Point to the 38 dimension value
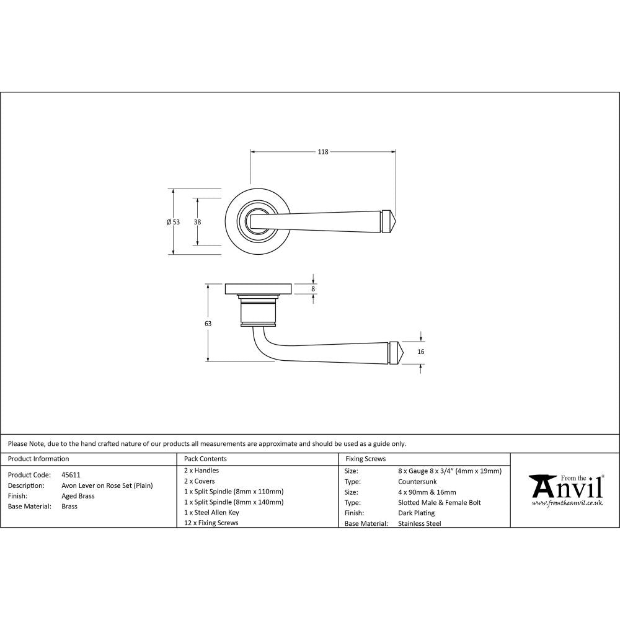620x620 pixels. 197,222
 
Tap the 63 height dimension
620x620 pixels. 208,324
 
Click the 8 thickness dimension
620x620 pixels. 313,289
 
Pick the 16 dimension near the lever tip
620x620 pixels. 421,352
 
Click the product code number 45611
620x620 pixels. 71,475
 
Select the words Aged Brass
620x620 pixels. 78,496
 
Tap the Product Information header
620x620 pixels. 38,459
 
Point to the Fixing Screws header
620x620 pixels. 365,459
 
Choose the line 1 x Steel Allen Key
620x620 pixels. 211,513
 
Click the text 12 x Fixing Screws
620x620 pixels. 211,523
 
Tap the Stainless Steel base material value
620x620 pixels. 419,524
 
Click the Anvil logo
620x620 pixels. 565,490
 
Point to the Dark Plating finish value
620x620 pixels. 416,513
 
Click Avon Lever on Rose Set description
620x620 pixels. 107,485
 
